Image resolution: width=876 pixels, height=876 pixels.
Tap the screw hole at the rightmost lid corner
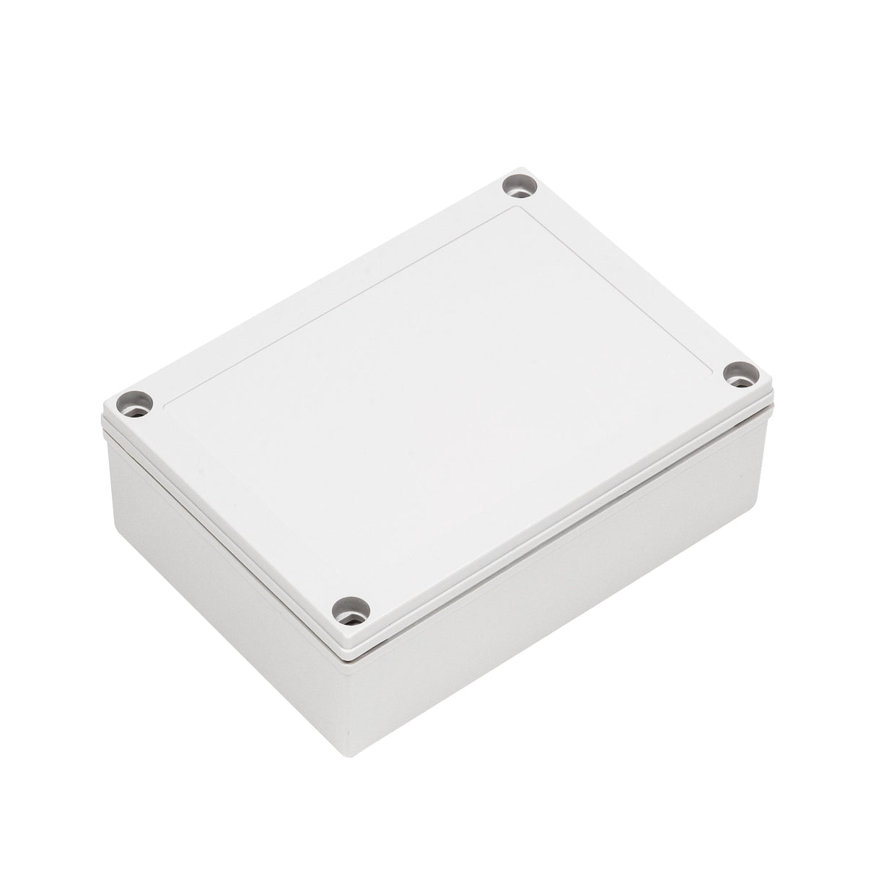pyautogui.click(x=742, y=375)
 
